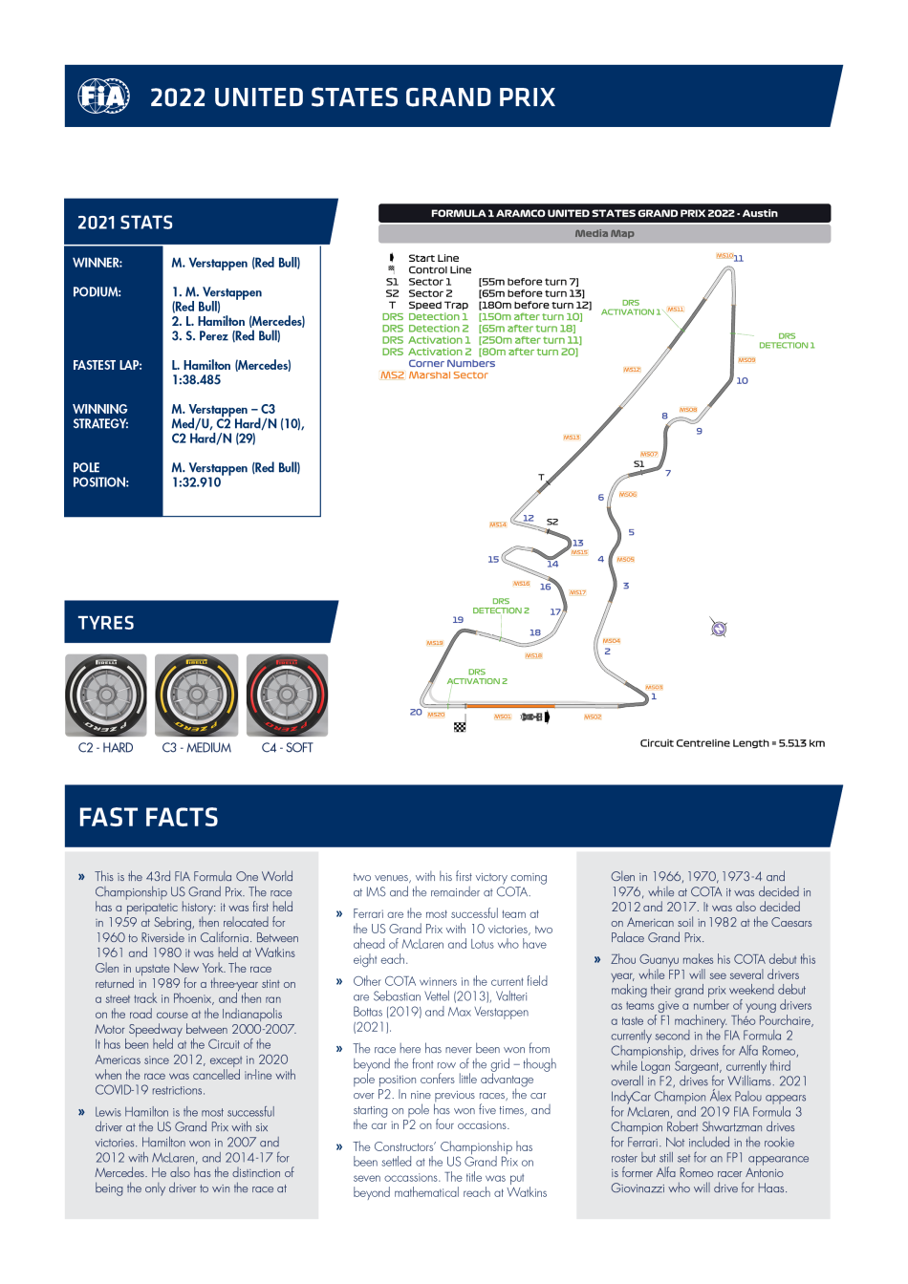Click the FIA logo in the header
click(x=103, y=96)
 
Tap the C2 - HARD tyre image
click(x=106, y=695)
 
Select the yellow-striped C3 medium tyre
click(x=197, y=695)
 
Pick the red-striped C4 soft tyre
click(x=288, y=695)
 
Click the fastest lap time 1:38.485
click(x=196, y=380)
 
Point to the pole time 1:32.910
click(x=196, y=482)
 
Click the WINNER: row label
click(x=97, y=263)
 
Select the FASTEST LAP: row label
click(x=107, y=365)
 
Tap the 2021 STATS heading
click(x=125, y=223)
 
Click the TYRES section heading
click(x=106, y=623)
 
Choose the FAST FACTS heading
click(x=148, y=818)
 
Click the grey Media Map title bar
click(x=604, y=233)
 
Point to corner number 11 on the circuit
click(x=739, y=258)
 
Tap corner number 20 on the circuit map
click(x=416, y=712)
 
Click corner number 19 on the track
click(x=458, y=620)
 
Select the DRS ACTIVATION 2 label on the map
click(x=477, y=676)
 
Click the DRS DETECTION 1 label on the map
click(x=787, y=340)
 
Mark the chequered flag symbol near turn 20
click(x=460, y=727)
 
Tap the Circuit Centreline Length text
click(x=732, y=743)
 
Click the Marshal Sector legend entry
click(x=447, y=375)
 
